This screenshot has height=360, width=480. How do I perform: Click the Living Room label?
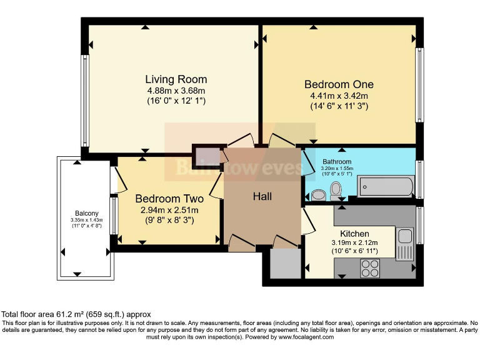(x=176, y=80)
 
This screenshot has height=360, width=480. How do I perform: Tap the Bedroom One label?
(x=339, y=84)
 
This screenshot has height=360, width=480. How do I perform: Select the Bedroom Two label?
(x=169, y=199)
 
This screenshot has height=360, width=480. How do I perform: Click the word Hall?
(x=262, y=196)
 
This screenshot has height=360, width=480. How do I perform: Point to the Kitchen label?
(x=354, y=234)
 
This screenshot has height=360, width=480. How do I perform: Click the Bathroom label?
(x=337, y=162)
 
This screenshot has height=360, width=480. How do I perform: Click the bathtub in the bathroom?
(x=385, y=186)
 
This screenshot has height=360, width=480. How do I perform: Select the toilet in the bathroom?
(x=336, y=189)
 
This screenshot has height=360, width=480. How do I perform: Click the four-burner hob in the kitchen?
(x=370, y=267)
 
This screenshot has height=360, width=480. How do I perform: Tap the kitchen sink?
(x=404, y=236)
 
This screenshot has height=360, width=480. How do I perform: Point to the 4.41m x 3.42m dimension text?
(x=339, y=96)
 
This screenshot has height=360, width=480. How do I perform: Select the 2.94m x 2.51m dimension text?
(x=169, y=210)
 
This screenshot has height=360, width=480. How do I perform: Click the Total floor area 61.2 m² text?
(x=76, y=314)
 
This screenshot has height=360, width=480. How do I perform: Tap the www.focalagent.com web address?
(x=302, y=337)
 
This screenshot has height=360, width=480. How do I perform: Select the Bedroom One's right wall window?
(x=420, y=84)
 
